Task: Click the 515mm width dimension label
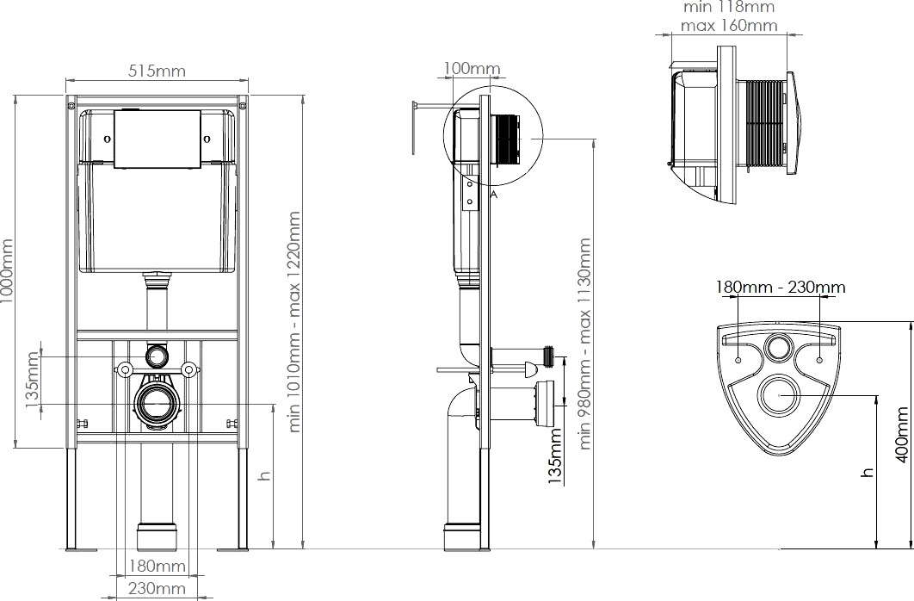[157, 71]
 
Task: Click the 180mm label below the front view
[157, 566]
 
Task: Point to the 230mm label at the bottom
[157, 589]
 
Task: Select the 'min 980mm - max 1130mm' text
[586, 344]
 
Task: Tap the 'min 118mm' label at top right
[729, 7]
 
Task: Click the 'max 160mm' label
[729, 25]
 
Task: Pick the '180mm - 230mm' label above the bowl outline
[781, 287]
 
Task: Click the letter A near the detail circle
[495, 195]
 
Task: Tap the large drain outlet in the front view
[157, 401]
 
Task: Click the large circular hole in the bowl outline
[780, 395]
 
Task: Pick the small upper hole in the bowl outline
[780, 348]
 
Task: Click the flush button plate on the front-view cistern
[157, 139]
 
